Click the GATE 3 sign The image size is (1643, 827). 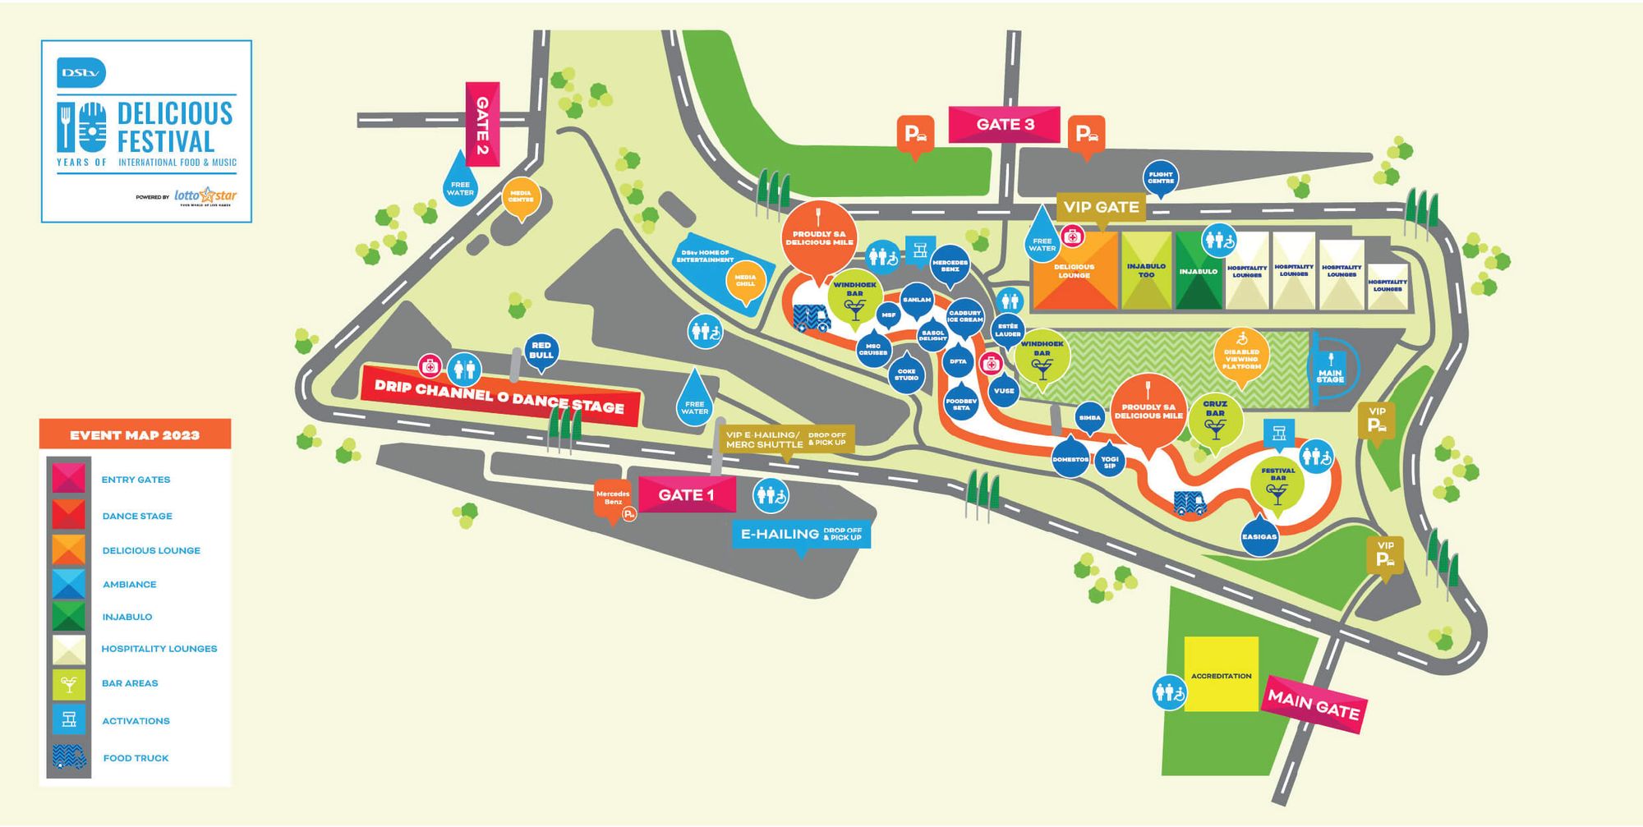[x=1004, y=125]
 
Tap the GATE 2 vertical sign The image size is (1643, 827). [x=482, y=124]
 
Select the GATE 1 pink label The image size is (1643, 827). [x=686, y=495]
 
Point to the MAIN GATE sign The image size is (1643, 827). [x=1314, y=705]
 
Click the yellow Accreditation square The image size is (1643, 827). [x=1221, y=673]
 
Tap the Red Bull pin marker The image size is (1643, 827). [x=541, y=351]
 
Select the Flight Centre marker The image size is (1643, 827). [x=1161, y=177]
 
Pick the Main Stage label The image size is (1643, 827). [x=1330, y=370]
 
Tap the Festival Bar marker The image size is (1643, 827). [x=1277, y=484]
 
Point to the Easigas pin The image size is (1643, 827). [x=1259, y=535]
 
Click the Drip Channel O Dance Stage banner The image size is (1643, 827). [x=499, y=396]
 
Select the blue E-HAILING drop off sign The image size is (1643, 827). [x=800, y=535]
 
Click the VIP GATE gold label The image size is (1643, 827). [x=1101, y=207]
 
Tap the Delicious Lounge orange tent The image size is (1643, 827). [x=1074, y=271]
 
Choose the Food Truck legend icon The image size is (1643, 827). [x=69, y=757]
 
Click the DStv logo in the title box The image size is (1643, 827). [x=81, y=73]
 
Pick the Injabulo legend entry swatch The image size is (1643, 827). [x=69, y=617]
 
